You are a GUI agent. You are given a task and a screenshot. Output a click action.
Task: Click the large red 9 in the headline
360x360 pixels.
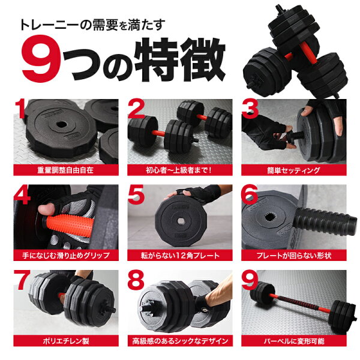tap(41, 59)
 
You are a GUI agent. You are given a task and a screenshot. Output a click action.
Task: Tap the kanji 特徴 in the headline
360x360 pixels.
tap(179, 59)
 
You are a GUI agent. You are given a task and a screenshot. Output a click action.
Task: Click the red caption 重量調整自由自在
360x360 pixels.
tap(65, 170)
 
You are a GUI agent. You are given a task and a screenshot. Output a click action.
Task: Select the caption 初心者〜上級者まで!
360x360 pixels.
tap(179, 170)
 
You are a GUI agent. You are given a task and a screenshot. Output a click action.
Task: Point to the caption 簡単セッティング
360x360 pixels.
tap(293, 170)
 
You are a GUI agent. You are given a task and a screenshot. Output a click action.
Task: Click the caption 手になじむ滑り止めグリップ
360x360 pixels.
tap(66, 256)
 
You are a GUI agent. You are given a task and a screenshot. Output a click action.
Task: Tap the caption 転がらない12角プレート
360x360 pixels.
tap(180, 256)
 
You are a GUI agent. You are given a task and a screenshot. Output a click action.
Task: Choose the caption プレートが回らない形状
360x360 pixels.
tap(294, 256)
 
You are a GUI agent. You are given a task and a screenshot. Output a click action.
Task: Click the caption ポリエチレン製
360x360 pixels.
tap(66, 341)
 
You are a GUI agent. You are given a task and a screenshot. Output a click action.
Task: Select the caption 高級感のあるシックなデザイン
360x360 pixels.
tap(180, 341)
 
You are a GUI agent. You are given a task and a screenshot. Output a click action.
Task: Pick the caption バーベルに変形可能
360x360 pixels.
tap(294, 341)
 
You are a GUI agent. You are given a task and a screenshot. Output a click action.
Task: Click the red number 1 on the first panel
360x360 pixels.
tap(20, 109)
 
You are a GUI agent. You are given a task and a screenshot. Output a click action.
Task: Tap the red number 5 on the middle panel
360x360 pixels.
tap(136, 194)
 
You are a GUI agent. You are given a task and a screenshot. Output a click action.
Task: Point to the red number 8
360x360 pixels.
tap(136, 280)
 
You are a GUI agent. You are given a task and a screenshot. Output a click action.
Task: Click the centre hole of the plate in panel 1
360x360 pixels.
tap(62, 125)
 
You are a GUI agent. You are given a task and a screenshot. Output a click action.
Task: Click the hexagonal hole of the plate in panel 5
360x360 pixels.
tap(181, 221)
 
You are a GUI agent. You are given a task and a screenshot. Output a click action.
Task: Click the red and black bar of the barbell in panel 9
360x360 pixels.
tap(300, 303)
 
